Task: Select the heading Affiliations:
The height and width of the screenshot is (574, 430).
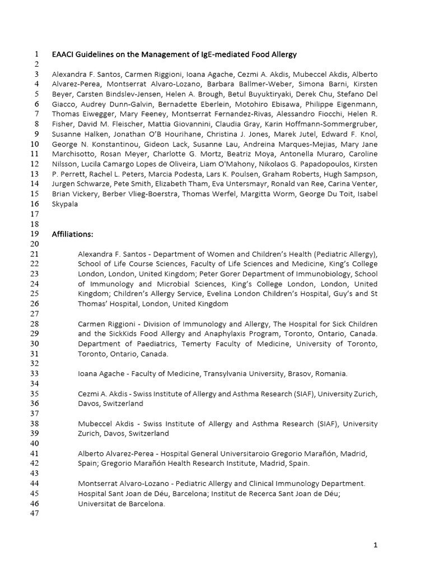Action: (x=72, y=234)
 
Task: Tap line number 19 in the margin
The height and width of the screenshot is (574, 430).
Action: (x=33, y=234)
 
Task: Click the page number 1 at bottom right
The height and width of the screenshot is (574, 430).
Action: (x=376, y=545)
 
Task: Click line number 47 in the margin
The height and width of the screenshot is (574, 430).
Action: (x=33, y=513)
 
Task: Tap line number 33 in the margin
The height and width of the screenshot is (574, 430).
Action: (x=33, y=373)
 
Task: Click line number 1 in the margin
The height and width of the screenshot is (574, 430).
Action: (x=35, y=54)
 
